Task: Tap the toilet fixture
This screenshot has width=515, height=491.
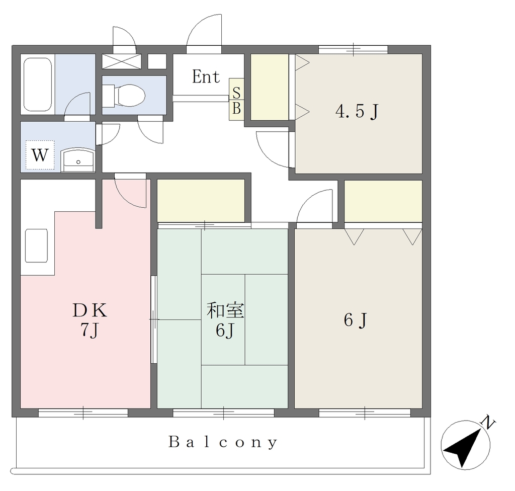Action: click(124, 95)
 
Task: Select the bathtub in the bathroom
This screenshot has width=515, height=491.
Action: click(38, 85)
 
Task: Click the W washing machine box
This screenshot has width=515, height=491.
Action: click(40, 155)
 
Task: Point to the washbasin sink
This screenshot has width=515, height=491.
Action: click(78, 159)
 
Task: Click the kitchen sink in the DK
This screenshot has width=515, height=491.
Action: click(36, 245)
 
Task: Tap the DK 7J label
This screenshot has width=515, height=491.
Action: click(90, 320)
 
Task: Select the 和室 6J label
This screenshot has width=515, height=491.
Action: click(225, 320)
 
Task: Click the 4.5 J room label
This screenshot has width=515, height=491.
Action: click(357, 111)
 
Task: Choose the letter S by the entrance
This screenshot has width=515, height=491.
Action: click(236, 93)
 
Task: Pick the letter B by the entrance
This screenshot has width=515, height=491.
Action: click(236, 108)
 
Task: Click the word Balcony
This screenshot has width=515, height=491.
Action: click(223, 442)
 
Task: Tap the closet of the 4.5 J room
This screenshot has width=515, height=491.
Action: click(270, 87)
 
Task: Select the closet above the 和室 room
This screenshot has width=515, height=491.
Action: click(201, 201)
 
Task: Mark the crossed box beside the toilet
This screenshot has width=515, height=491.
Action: click(121, 61)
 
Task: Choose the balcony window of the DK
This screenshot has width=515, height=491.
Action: click(83, 413)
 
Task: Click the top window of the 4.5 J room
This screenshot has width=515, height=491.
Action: click(354, 50)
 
